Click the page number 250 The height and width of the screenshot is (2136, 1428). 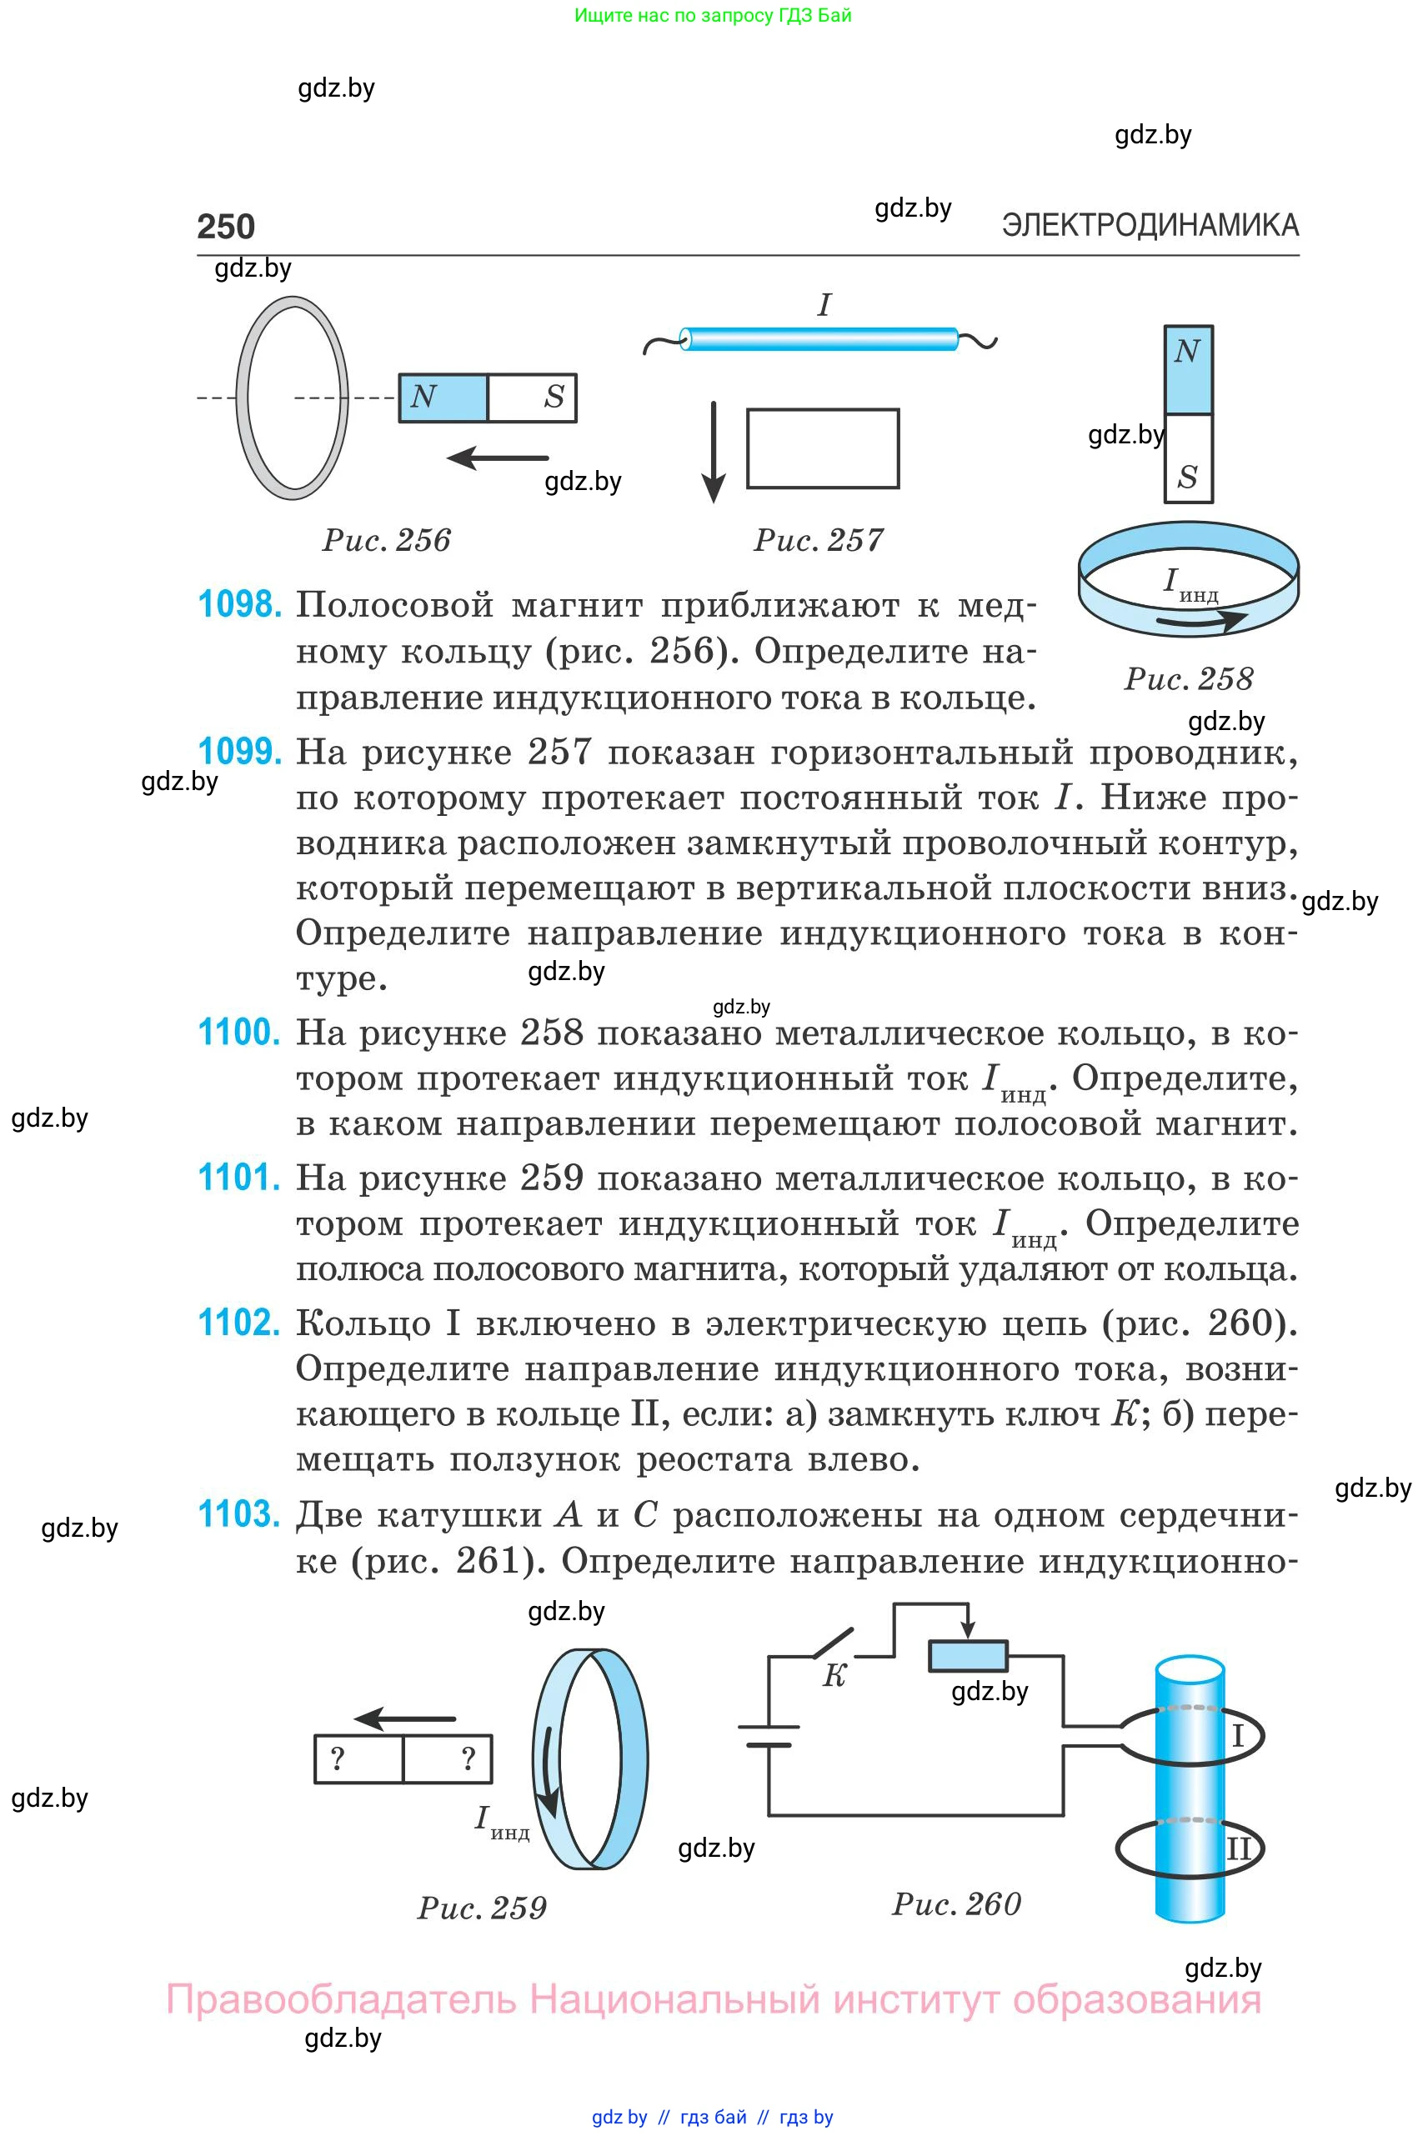click(226, 227)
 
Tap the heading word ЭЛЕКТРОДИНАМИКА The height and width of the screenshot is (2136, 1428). click(1150, 225)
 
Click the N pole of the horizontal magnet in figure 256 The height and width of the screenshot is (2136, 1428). click(443, 398)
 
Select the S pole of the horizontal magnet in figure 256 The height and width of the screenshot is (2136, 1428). click(533, 398)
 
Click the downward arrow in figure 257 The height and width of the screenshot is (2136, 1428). click(714, 452)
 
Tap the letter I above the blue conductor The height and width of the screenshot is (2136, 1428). click(824, 305)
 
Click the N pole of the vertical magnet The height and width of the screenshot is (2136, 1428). click(1188, 370)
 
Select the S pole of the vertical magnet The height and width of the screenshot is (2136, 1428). click(1188, 458)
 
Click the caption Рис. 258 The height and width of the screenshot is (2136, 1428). click(1189, 678)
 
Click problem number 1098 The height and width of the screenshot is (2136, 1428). click(239, 604)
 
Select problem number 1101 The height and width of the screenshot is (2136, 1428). click(239, 1178)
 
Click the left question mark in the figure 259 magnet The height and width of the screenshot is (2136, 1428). click(338, 1758)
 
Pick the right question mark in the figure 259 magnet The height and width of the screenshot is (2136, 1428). click(468, 1758)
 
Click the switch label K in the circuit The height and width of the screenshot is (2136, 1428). click(835, 1676)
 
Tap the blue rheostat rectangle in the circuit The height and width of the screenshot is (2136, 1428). click(967, 1656)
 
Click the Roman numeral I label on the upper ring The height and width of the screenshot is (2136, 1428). click(1238, 1736)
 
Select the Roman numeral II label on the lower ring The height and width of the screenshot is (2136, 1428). click(1240, 1848)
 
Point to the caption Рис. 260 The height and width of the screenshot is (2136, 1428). click(956, 1903)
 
